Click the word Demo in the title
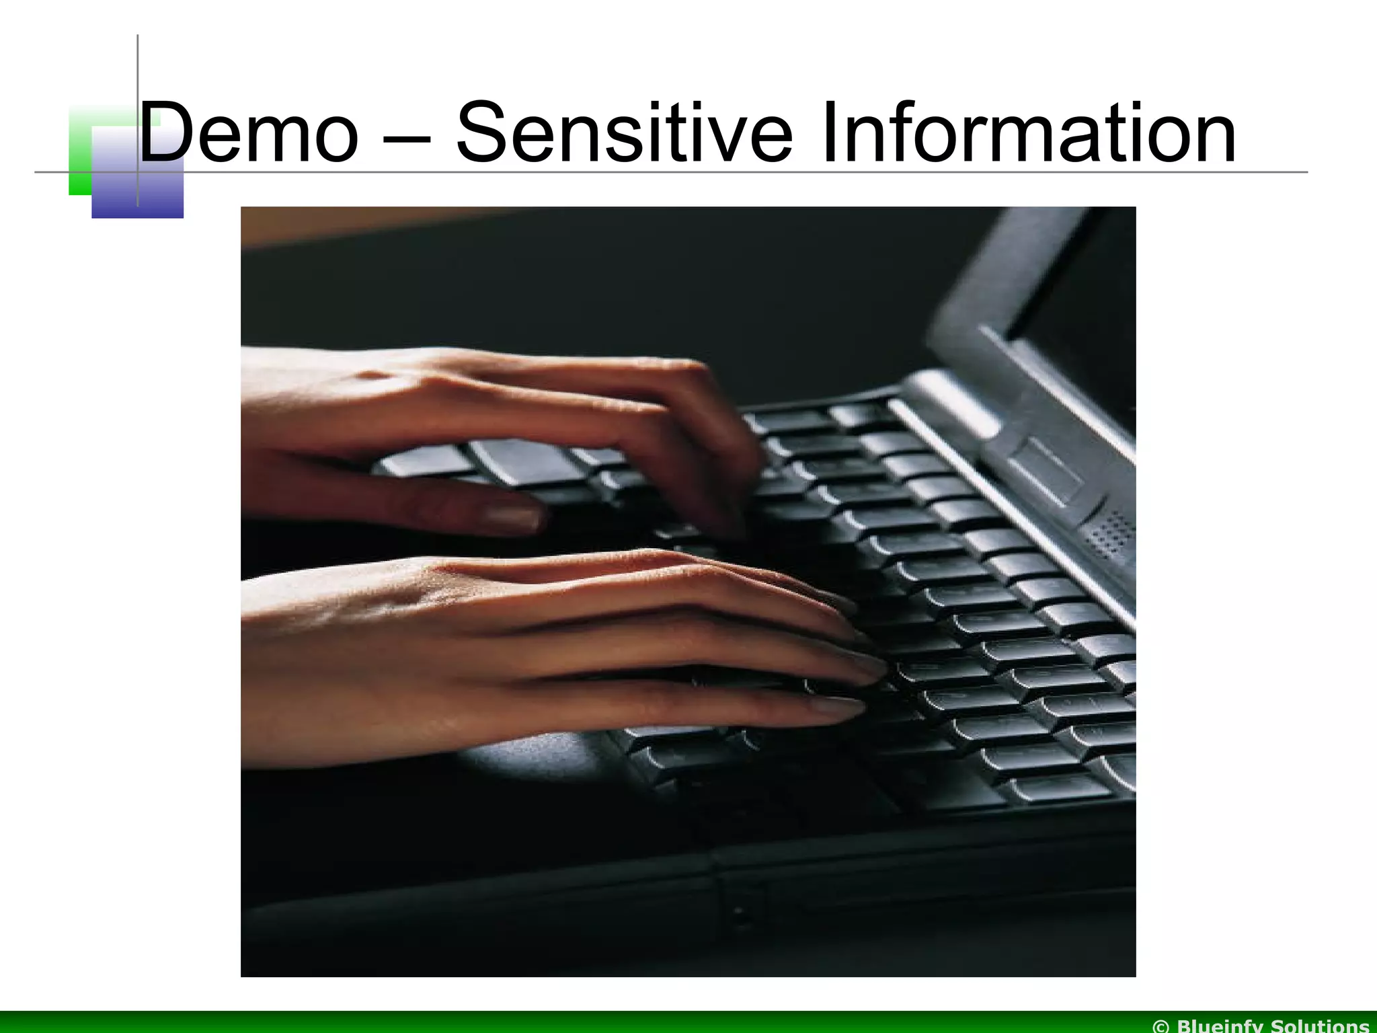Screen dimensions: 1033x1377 [249, 132]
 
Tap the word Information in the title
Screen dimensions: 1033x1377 [1029, 132]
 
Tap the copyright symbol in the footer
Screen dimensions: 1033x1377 [1161, 1026]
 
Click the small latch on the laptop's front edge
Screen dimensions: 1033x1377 [740, 915]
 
